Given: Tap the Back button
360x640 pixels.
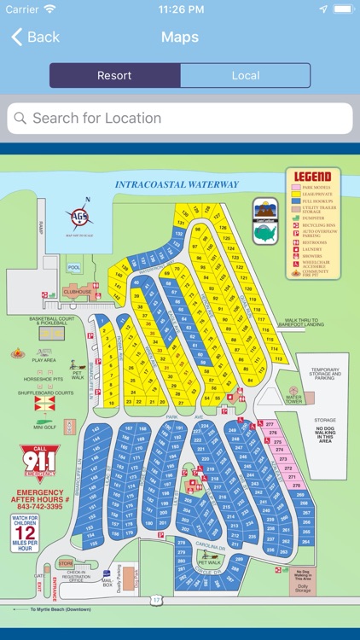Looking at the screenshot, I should [x=35, y=37].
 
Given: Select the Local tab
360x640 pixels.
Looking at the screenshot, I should [x=246, y=75].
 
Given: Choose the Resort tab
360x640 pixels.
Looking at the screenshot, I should [x=114, y=75].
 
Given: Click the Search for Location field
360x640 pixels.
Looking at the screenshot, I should [x=180, y=119].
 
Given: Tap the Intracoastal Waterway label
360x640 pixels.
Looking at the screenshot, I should [x=177, y=184].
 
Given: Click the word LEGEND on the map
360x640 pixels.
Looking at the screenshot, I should [x=312, y=177].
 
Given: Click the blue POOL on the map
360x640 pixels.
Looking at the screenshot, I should [x=73, y=267].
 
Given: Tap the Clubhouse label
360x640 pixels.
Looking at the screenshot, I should [x=77, y=291].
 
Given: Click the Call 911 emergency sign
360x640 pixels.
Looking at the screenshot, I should [x=40, y=463].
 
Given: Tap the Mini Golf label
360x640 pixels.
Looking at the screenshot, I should [x=44, y=427].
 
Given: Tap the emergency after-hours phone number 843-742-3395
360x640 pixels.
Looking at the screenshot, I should [x=40, y=506].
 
